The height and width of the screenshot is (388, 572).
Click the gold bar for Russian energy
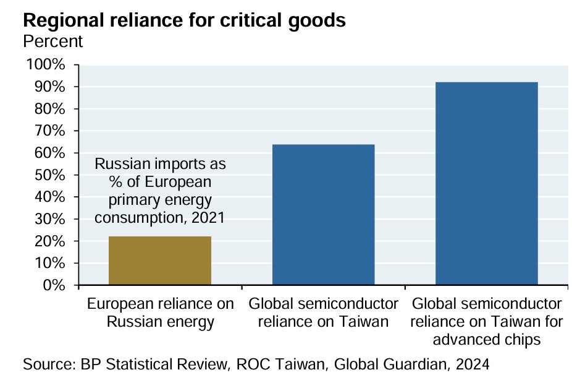(160, 261)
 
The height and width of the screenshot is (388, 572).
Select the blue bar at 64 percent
(323, 215)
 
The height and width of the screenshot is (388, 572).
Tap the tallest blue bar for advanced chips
(487, 184)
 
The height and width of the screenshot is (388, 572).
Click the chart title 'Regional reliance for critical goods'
(183, 20)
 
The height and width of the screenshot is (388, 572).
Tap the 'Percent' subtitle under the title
(53, 42)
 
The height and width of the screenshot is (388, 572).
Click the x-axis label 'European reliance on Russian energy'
(161, 313)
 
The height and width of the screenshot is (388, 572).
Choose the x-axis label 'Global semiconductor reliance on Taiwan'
(323, 313)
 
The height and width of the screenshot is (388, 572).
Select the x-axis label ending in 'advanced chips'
(487, 321)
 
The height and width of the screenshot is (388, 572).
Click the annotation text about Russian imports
(161, 191)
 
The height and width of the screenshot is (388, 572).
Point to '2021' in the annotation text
(208, 218)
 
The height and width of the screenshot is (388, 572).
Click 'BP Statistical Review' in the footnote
(145, 364)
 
